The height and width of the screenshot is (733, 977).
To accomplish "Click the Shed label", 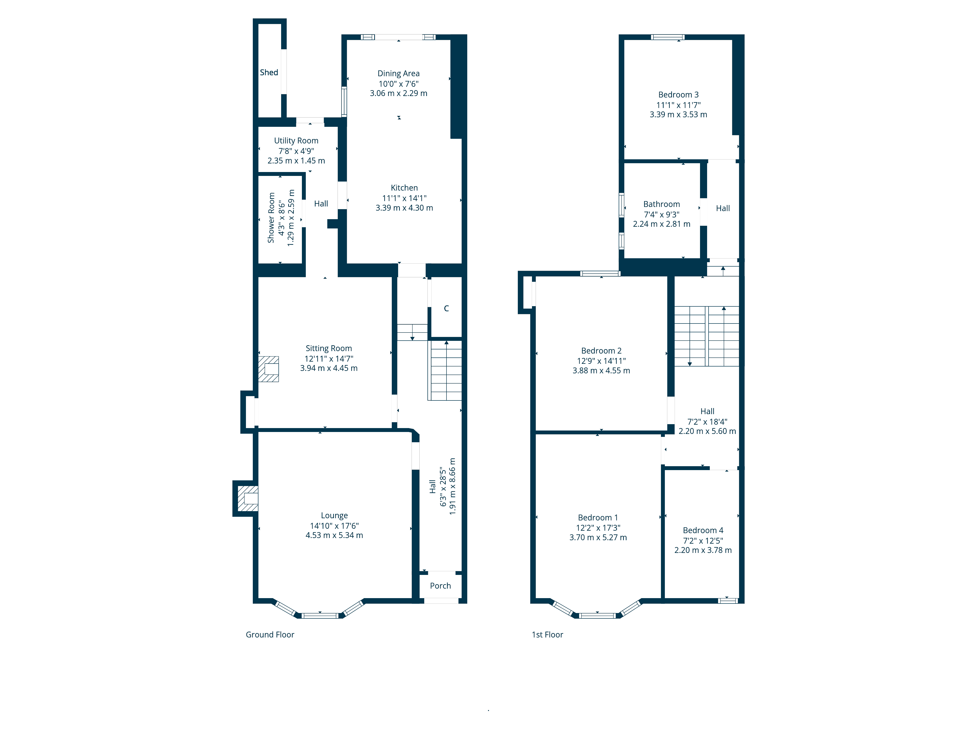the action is (x=269, y=73).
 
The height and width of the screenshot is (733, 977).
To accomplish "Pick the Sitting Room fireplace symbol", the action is (x=268, y=369).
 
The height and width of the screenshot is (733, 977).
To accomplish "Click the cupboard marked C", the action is (x=446, y=308).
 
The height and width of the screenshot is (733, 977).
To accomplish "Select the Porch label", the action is (x=440, y=586).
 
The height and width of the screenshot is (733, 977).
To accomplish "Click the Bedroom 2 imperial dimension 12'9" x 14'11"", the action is (x=601, y=361).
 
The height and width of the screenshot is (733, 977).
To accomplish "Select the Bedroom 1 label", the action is (x=598, y=518).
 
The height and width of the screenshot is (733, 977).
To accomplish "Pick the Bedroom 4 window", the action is (x=728, y=601).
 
